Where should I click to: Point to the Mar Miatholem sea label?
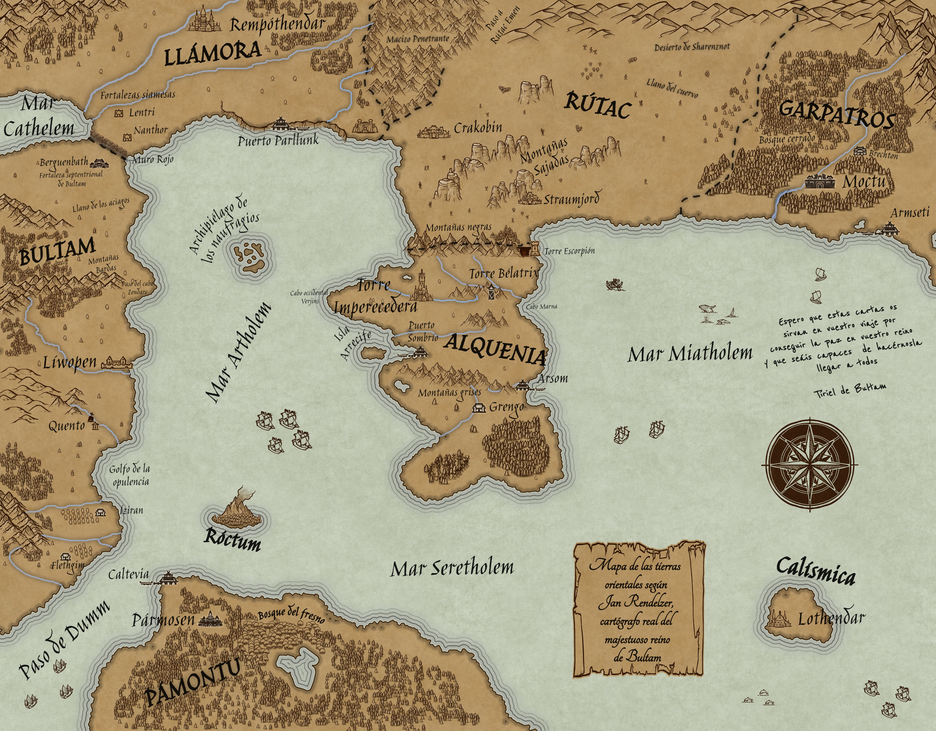[690, 353]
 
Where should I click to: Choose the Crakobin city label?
[477, 128]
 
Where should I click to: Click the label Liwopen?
[70, 363]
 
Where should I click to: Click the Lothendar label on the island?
[831, 618]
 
